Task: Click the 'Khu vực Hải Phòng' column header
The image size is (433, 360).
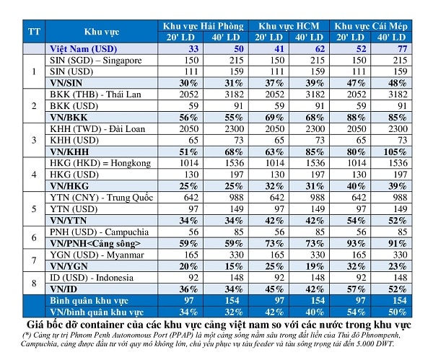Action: coord(204,26)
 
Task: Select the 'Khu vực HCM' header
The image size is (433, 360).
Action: coord(289,26)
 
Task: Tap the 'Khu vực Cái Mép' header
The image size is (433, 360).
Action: coord(371,26)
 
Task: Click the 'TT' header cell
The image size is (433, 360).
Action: coord(34,32)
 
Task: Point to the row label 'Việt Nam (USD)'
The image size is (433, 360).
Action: coord(84,49)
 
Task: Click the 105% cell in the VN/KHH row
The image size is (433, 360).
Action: coord(395,152)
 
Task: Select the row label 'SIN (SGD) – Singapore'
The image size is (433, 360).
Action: coord(95,61)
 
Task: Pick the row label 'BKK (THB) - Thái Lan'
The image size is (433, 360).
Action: coord(95,95)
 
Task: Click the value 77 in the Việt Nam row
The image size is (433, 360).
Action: coord(402,49)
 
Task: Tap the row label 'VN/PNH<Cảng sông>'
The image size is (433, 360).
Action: coord(95,244)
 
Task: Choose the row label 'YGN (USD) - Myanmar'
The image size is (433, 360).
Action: coord(97,255)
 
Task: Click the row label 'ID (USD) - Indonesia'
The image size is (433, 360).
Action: coord(92,278)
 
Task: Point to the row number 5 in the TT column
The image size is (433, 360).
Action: coord(34,209)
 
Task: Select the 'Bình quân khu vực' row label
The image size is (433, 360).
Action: coord(89,301)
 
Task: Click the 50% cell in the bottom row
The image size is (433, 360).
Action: coord(398,312)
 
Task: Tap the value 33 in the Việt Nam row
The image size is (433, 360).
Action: coord(193,49)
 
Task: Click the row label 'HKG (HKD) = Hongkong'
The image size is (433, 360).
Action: coord(100,163)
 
